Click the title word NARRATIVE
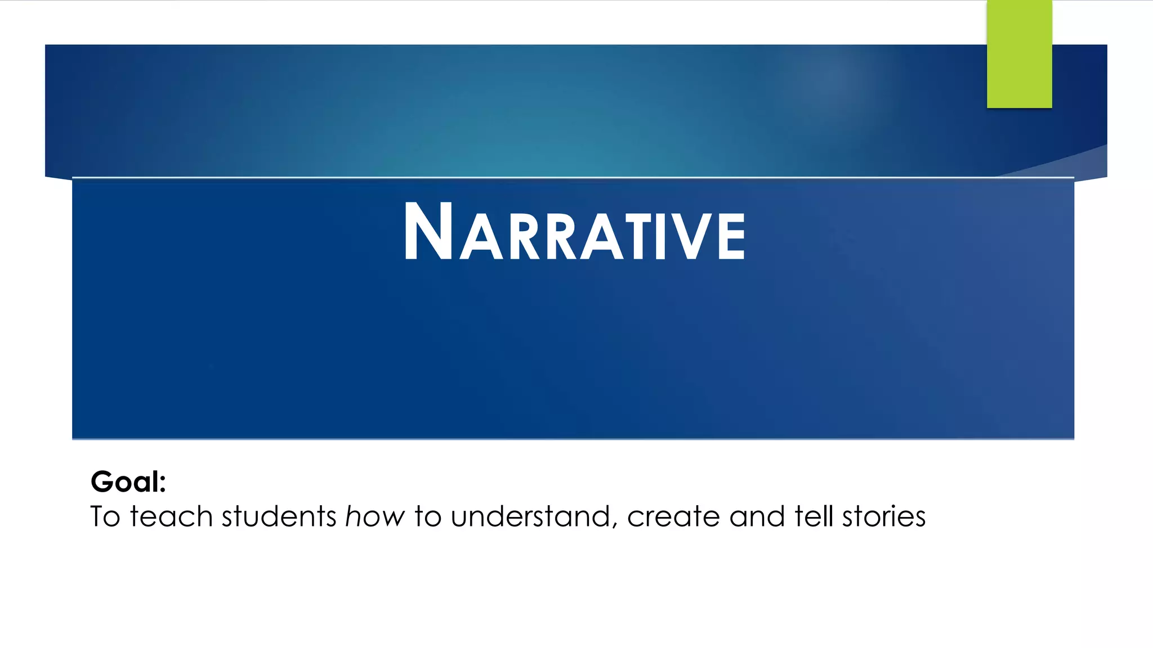(574, 232)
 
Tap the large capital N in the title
(428, 232)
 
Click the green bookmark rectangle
(1019, 54)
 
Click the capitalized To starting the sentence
(105, 516)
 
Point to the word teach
(171, 516)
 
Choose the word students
(279, 516)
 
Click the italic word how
(375, 516)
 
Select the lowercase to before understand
(427, 516)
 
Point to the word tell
(813, 516)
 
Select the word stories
(883, 516)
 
